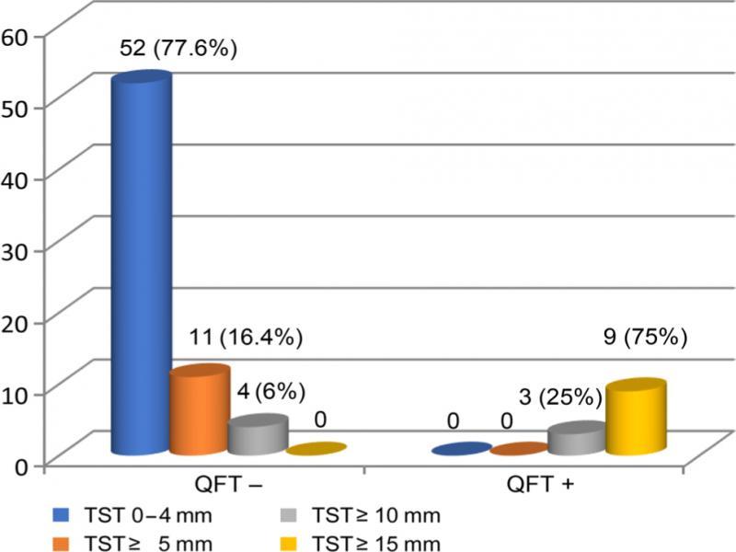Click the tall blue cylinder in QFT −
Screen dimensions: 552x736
point(141,267)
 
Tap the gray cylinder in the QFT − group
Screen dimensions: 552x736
point(257,436)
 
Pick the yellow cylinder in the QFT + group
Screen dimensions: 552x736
point(636,418)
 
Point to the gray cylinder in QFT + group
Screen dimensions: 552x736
point(577,440)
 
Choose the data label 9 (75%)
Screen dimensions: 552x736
point(643,338)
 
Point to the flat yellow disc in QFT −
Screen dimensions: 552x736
point(316,449)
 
